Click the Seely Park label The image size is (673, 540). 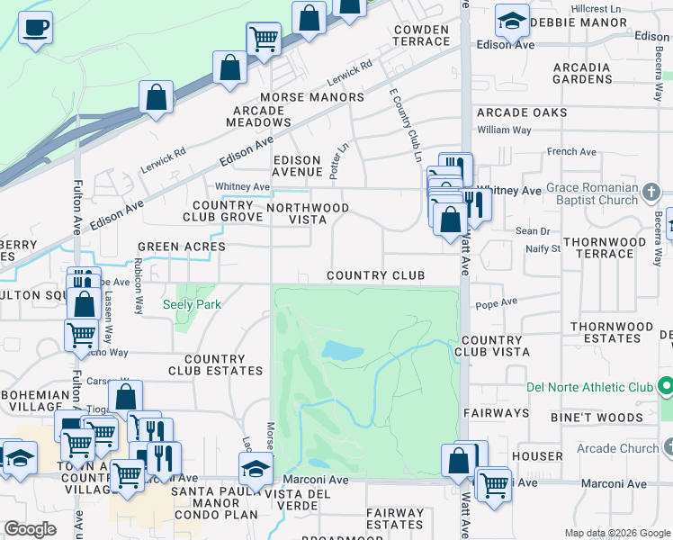click(x=192, y=304)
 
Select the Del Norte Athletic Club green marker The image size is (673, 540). click(x=666, y=387)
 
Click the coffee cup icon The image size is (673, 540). click(x=35, y=27)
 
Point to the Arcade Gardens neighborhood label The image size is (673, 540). click(x=582, y=73)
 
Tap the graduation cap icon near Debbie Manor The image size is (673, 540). click(x=513, y=20)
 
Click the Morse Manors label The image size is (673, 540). click(x=312, y=97)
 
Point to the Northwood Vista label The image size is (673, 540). click(x=308, y=213)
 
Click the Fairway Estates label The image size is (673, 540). click(x=395, y=518)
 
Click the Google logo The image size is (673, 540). click(x=30, y=529)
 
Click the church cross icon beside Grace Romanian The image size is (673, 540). click(x=653, y=191)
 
